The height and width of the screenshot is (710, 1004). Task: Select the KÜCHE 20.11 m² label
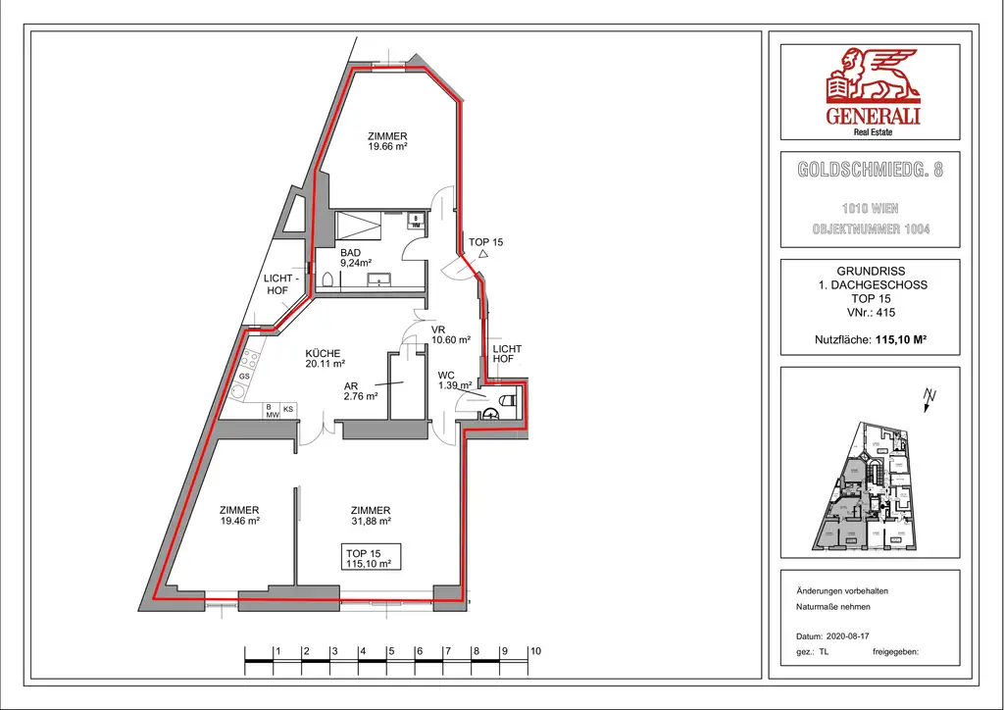tap(323, 359)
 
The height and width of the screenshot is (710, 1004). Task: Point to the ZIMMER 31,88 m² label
tap(371, 516)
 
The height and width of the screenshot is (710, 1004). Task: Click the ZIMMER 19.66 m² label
tap(387, 141)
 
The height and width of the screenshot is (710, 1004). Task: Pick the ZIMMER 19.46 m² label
tap(239, 516)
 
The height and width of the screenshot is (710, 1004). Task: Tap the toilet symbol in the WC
tap(505, 400)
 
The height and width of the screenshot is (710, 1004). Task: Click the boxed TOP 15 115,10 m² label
tap(369, 559)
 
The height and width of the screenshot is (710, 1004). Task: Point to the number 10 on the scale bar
tap(534, 650)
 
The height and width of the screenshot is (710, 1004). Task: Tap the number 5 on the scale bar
tap(390, 650)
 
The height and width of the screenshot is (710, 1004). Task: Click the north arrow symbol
tap(930, 397)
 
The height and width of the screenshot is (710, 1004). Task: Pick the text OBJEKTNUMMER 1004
tap(871, 229)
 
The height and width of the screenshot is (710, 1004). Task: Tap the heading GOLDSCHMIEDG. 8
tap(871, 170)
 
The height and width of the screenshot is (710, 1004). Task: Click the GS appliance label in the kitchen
tap(244, 377)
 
